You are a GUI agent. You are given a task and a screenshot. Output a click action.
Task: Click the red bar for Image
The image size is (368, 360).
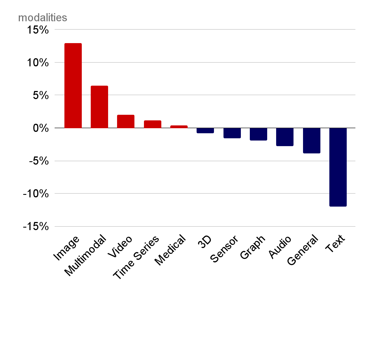pyautogui.click(x=73, y=86)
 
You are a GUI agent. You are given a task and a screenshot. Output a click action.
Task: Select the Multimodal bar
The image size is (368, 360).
pyautogui.click(x=99, y=107)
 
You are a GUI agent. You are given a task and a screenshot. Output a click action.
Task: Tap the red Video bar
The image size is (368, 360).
pyautogui.click(x=126, y=121)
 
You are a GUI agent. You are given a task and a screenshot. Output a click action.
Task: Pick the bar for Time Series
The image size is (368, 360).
pyautogui.click(x=153, y=124)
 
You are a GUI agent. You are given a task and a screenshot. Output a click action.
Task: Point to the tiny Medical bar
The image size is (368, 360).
pyautogui.click(x=179, y=127)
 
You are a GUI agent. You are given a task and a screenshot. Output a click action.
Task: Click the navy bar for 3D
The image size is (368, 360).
pyautogui.click(x=205, y=130)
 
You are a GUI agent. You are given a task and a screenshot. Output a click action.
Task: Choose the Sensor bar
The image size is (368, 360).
pyautogui.click(x=232, y=133)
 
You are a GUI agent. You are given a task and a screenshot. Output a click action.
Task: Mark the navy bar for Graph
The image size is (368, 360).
pyautogui.click(x=258, y=134)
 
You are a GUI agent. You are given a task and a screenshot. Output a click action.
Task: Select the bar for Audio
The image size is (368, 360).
pyautogui.click(x=285, y=137)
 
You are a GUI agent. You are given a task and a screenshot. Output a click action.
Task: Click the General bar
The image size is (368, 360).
pyautogui.click(x=312, y=141)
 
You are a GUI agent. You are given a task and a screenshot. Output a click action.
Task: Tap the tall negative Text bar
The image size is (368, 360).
pyautogui.click(x=338, y=167)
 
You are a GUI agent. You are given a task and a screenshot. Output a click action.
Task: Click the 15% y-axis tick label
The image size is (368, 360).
pyautogui.click(x=38, y=30)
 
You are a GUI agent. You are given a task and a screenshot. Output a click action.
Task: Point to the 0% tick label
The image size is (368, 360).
pyautogui.click(x=41, y=128)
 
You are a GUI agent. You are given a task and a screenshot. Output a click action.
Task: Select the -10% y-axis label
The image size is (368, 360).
pyautogui.click(x=36, y=194)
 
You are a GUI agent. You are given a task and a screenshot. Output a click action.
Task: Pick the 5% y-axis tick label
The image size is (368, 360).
pyautogui.click(x=41, y=95)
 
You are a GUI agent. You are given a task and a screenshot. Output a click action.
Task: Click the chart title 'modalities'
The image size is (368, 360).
pyautogui.click(x=43, y=18)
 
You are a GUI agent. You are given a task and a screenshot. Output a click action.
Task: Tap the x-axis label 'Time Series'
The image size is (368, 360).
pyautogui.click(x=136, y=257)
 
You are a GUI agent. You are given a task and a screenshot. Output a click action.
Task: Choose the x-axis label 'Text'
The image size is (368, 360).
pyautogui.click(x=335, y=244)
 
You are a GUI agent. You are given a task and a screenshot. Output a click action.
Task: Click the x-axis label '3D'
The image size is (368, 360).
pyautogui.click(x=204, y=242)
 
